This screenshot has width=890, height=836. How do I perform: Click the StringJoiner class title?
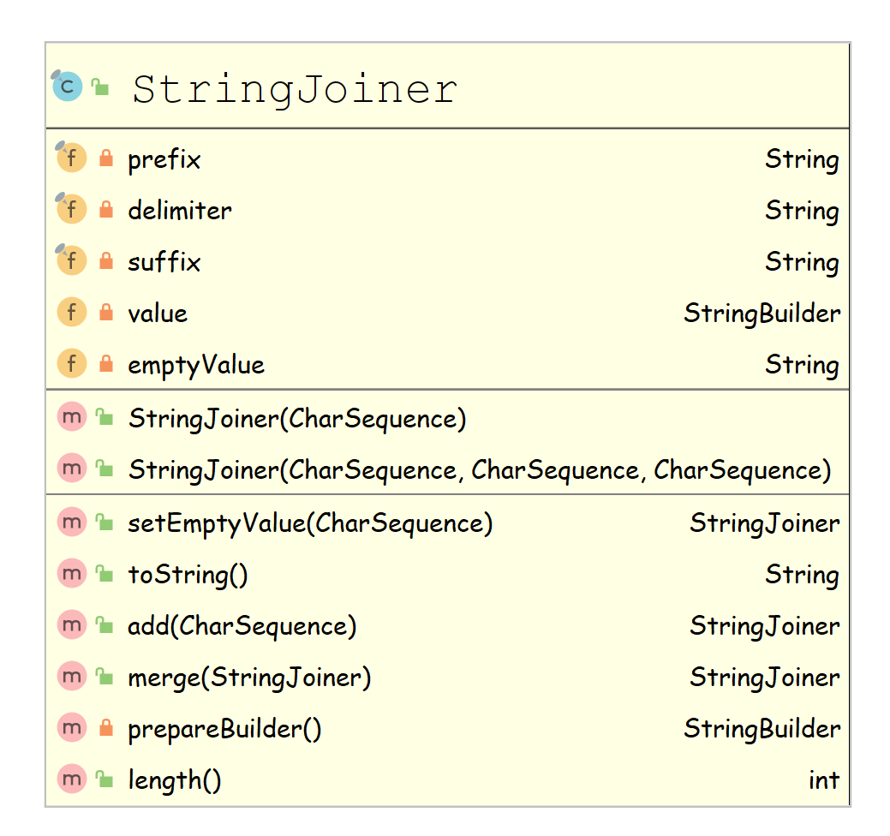coord(295,89)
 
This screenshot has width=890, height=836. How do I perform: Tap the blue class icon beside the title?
coord(68,87)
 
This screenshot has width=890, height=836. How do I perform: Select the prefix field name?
coord(164,159)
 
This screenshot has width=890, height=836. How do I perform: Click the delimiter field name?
coord(180,211)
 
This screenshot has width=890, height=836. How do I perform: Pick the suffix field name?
coord(164,262)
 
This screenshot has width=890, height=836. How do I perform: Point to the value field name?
coord(158,313)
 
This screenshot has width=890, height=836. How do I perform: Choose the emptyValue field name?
coord(196,365)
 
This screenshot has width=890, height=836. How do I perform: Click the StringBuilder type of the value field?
coord(762,313)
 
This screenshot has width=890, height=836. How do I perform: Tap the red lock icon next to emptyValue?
coord(106,364)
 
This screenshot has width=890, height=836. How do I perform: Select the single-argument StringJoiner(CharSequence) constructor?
coord(297,419)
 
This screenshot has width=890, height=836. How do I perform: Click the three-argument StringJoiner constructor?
coord(480,470)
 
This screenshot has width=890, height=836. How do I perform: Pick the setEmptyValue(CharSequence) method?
coord(310,523)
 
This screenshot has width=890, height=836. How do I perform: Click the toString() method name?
coord(188,575)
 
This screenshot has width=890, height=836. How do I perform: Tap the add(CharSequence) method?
coord(242,626)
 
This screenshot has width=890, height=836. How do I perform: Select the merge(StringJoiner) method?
coord(249,678)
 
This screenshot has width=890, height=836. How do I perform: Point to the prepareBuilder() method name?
coord(224,729)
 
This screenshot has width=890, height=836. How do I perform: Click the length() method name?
coord(175,780)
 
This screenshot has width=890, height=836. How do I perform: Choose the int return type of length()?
coord(823,780)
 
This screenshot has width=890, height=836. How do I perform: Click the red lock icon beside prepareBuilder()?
coord(106,728)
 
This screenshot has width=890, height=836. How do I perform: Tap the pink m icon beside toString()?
coord(72,574)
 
